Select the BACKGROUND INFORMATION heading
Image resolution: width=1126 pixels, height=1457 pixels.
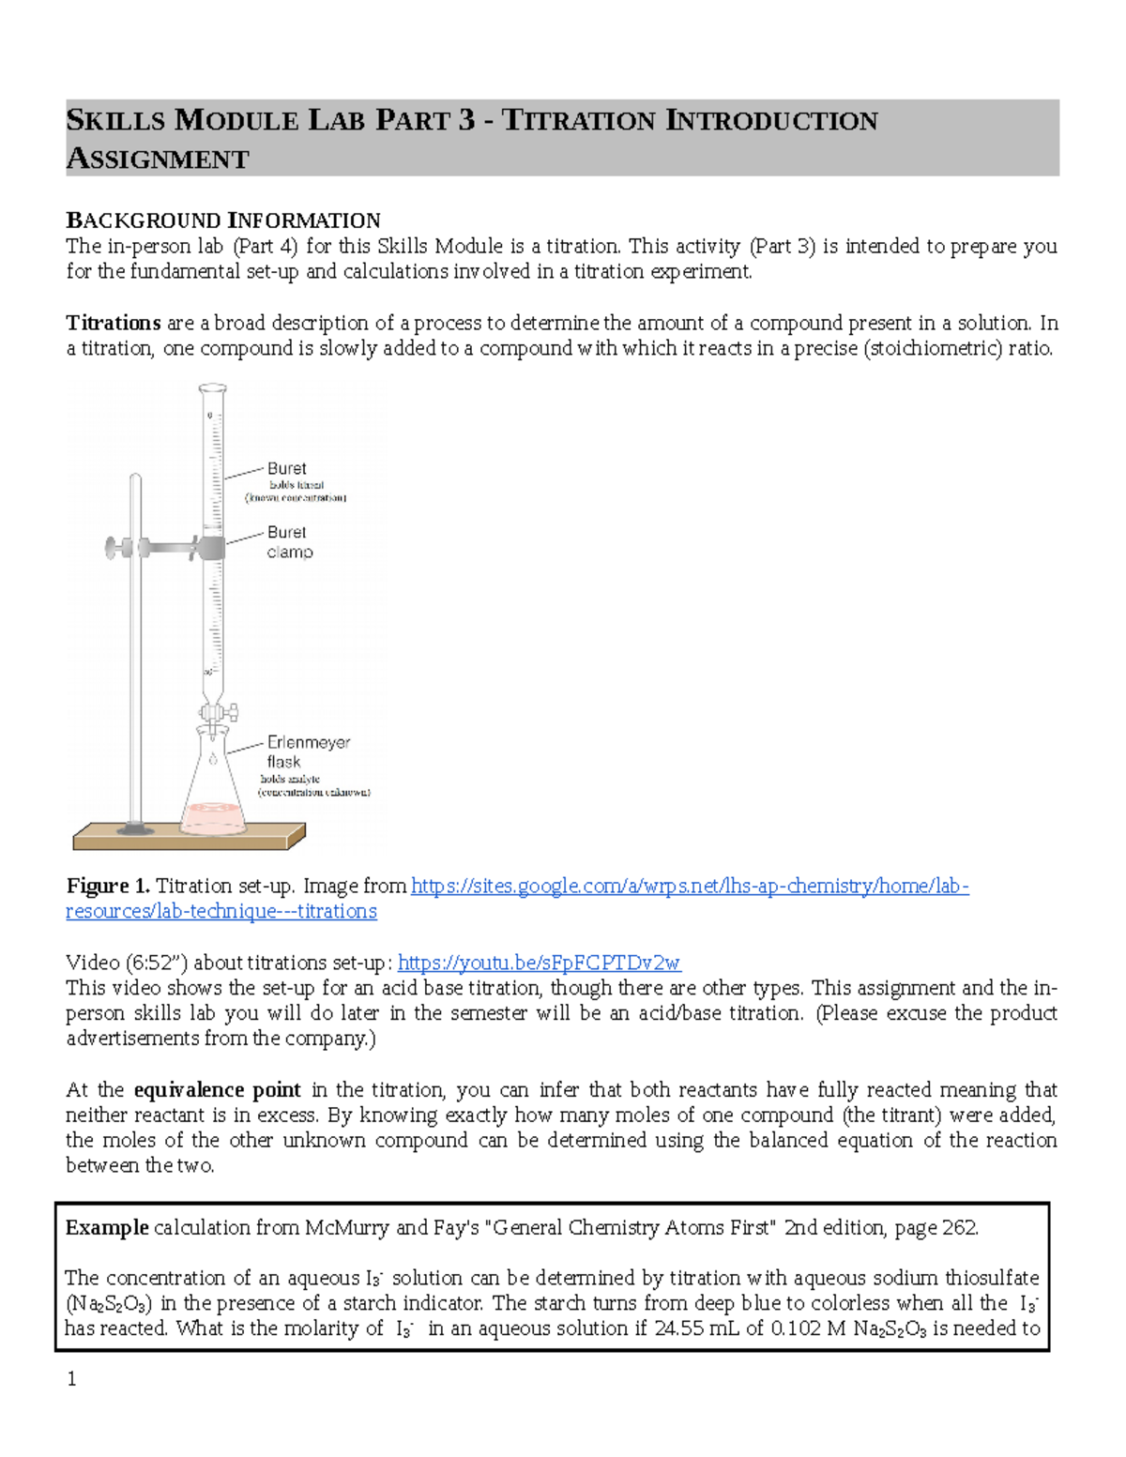[x=223, y=220]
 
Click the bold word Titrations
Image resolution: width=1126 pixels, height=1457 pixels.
[x=114, y=323]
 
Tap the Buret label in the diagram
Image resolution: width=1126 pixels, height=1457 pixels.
[x=286, y=468]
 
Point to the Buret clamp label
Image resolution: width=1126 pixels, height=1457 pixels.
[x=288, y=542]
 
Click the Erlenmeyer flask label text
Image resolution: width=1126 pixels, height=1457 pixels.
[x=308, y=751]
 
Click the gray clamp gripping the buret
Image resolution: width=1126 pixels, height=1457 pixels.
[x=212, y=547]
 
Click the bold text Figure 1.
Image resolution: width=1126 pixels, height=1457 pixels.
[x=108, y=886]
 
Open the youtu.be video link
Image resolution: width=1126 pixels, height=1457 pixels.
[x=539, y=963]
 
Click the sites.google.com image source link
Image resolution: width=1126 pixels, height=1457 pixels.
[x=690, y=886]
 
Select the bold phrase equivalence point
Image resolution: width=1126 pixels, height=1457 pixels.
[x=218, y=1090]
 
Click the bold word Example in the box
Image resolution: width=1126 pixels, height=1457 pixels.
[x=107, y=1227]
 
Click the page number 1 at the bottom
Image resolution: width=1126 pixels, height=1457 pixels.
[x=71, y=1378]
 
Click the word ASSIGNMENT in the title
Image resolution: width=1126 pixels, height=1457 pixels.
[x=157, y=159]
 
